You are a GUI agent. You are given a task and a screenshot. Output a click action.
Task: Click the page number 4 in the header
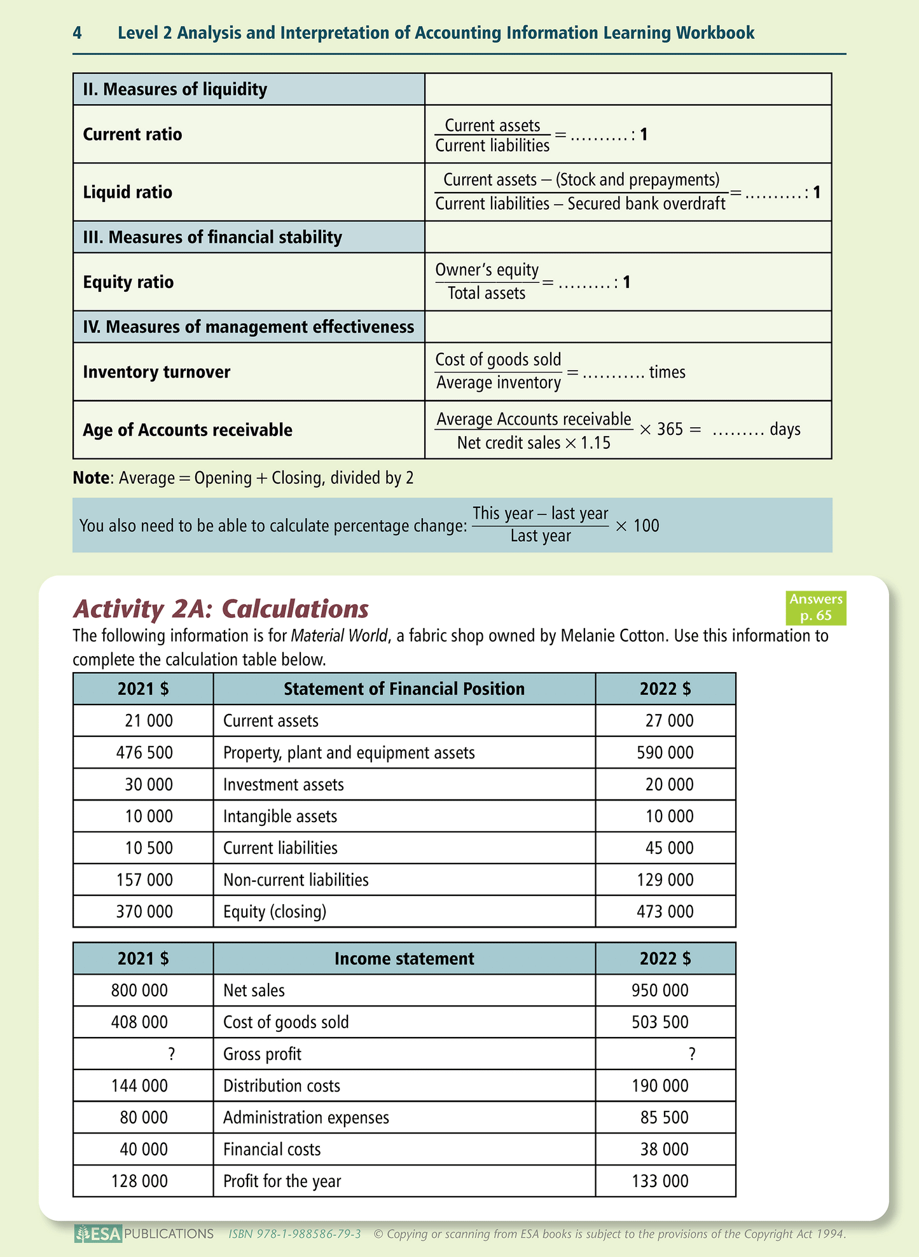[77, 33]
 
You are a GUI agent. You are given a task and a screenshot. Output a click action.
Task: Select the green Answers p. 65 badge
[816, 607]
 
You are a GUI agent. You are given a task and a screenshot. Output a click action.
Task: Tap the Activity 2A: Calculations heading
[221, 608]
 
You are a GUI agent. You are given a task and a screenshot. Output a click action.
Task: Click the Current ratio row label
[132, 134]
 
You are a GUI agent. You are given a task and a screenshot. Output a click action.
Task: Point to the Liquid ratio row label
[127, 192]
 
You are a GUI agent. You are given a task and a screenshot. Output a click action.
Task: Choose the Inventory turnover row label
[156, 372]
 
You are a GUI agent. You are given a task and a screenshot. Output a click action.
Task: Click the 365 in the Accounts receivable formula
[670, 429]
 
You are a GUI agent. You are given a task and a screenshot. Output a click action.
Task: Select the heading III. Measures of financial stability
[212, 237]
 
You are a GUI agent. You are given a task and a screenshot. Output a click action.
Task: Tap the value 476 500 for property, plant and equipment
[144, 753]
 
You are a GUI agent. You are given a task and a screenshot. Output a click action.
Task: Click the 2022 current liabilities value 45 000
[669, 848]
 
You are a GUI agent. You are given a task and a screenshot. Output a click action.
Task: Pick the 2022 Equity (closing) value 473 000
[665, 912]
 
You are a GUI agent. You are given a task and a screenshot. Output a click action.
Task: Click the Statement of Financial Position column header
[404, 689]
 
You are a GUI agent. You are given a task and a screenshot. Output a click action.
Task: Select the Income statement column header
[404, 959]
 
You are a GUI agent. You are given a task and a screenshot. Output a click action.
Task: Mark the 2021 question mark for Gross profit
[171, 1054]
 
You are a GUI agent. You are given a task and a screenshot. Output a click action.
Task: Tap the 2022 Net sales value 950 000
[660, 991]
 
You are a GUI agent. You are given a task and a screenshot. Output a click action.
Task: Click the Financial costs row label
[272, 1150]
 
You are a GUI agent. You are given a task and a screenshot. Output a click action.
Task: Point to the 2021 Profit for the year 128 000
[139, 1181]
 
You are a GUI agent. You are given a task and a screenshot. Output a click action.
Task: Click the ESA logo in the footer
[97, 1234]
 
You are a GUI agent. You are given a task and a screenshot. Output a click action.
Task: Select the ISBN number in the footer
[294, 1234]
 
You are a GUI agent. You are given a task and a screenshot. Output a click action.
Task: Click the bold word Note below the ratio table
[90, 477]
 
